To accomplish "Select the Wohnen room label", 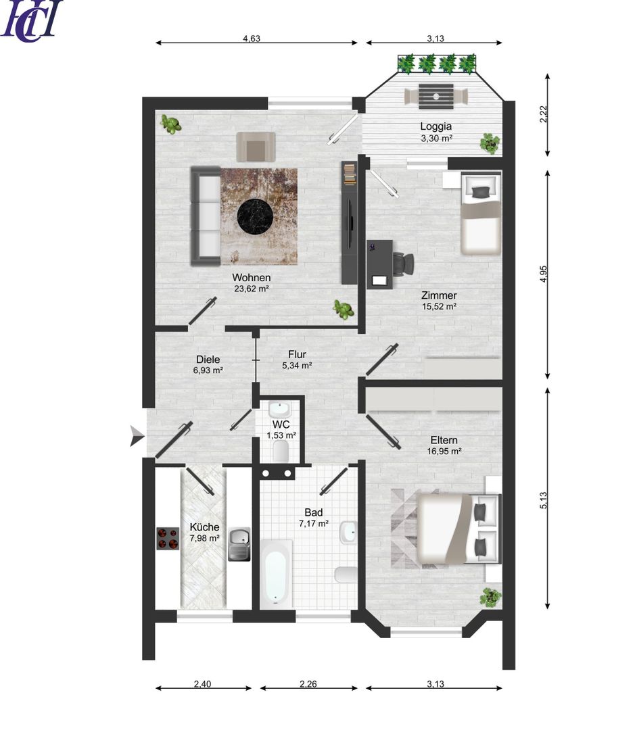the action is click(x=251, y=278).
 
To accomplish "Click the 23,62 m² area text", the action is click(x=251, y=289).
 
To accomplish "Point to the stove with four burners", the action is click(x=168, y=539).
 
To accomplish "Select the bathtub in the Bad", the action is click(x=276, y=574).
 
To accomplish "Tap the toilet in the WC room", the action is click(x=281, y=451).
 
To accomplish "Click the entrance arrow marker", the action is click(x=137, y=436).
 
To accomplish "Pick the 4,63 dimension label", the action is click(x=252, y=39).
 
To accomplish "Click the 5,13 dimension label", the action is click(x=543, y=500).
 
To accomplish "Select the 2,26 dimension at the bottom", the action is click(x=308, y=684).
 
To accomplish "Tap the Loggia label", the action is click(x=436, y=126).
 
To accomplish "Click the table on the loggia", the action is click(x=436, y=97).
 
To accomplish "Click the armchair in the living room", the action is click(x=256, y=147).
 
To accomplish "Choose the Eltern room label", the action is click(x=444, y=440).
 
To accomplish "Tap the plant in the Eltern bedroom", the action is click(x=490, y=597).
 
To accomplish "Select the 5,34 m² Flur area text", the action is click(x=297, y=366).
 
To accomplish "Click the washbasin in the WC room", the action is click(x=279, y=409).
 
